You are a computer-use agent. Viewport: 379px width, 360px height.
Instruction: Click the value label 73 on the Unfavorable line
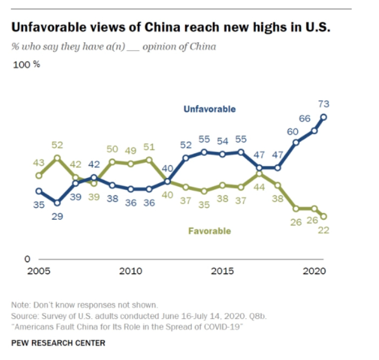[x=324, y=104]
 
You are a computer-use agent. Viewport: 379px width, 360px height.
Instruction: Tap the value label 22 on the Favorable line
[x=324, y=230]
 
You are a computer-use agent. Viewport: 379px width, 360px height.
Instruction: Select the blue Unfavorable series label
[x=210, y=109]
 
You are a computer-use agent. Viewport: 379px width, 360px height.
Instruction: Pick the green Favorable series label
[x=210, y=231]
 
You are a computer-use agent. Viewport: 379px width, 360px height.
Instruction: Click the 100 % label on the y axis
[x=26, y=64]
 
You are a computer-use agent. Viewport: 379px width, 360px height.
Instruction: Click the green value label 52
[x=57, y=145]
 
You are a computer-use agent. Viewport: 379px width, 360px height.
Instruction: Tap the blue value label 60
[x=292, y=130]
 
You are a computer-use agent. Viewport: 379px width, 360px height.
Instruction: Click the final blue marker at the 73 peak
[x=324, y=116]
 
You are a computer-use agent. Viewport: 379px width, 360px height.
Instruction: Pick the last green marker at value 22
[x=324, y=216]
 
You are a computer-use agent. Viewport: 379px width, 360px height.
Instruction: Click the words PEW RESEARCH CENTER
[x=58, y=343]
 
